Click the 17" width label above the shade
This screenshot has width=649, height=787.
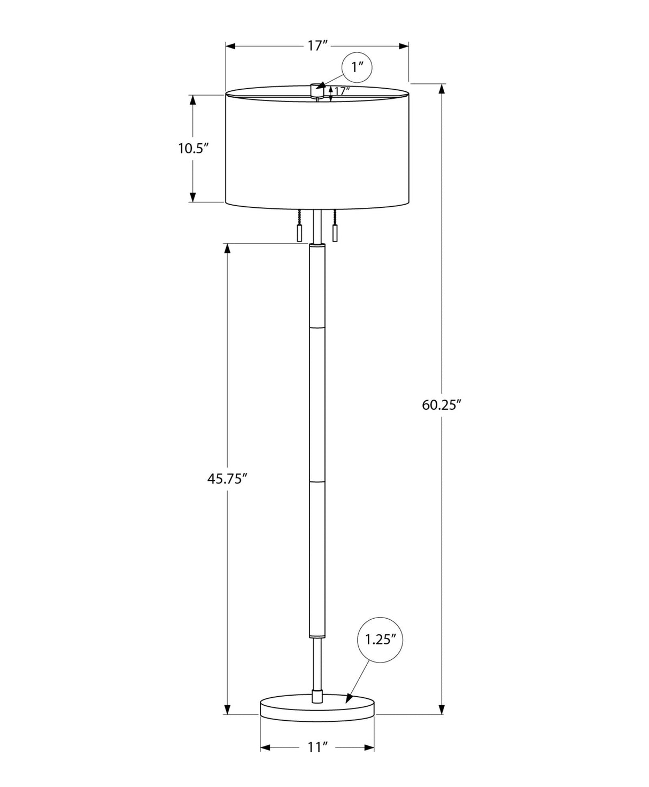317,46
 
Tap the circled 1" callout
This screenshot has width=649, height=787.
357,67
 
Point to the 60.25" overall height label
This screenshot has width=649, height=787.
441,404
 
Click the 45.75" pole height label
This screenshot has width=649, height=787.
227,478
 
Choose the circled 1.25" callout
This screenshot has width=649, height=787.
380,638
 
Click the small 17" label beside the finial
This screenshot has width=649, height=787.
342,91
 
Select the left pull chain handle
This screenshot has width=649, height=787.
299,233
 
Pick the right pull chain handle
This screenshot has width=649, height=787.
336,233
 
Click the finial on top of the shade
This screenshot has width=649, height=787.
317,91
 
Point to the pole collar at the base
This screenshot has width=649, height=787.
317,696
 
